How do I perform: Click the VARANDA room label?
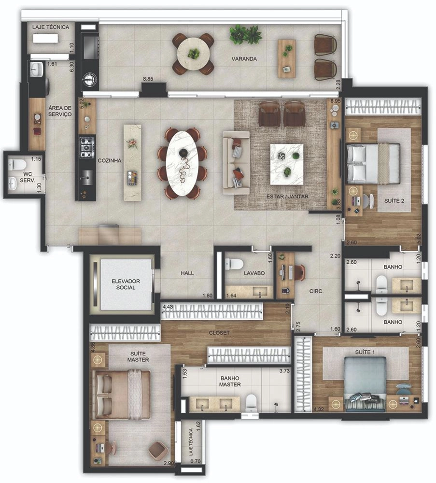point(244,58)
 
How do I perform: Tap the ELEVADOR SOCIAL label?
point(126,284)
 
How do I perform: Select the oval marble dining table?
point(182,163)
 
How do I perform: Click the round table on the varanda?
point(194,54)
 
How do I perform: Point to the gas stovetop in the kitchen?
point(87,147)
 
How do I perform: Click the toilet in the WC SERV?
point(14,165)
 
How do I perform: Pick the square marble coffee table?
point(287,165)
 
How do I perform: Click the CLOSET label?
point(219,333)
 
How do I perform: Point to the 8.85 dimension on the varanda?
point(148,79)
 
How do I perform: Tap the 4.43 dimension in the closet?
point(168,307)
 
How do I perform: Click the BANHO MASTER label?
point(230,382)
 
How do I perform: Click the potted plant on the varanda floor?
point(245,34)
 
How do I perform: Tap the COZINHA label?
point(110,160)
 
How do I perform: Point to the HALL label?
point(187,273)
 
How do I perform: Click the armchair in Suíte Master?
point(158,450)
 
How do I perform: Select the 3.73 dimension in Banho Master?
point(284,371)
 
